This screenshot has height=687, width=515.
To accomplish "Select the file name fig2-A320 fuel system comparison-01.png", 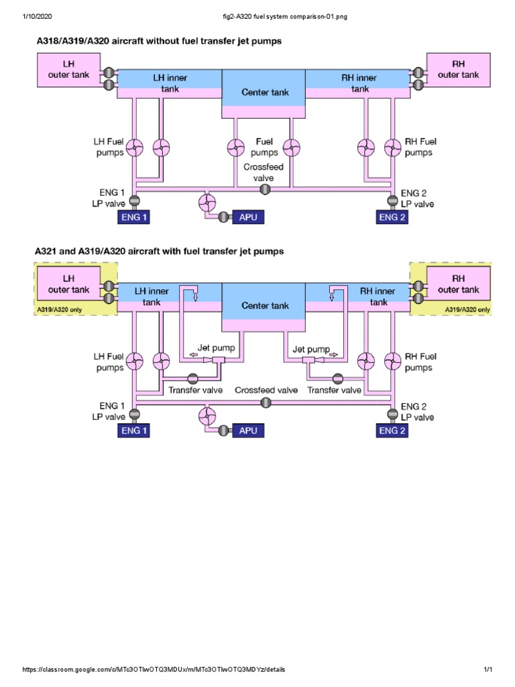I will coord(257,17).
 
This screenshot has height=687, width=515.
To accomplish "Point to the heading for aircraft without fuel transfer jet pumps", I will coord(158,41).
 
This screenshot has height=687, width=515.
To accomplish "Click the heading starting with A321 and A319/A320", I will coord(160,252).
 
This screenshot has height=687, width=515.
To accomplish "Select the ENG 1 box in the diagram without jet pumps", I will coord(134,217).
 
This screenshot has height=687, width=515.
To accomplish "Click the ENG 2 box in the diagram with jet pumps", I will coord(390,431).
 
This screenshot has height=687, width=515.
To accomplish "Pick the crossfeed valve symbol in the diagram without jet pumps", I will coord(265,190).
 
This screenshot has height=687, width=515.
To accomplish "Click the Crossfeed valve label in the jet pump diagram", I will coord(266,390).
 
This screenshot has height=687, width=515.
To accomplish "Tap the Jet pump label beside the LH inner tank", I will coord(213,349).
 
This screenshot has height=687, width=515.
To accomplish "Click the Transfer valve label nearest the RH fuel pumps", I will coord(335,390).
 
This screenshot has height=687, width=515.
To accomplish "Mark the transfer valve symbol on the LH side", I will coord(194,377).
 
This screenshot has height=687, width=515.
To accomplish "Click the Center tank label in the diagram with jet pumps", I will coord(266,305).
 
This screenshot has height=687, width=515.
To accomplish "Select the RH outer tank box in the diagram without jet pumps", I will coord(458,70).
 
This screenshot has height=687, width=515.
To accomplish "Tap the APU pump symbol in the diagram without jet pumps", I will coord(207,202).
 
